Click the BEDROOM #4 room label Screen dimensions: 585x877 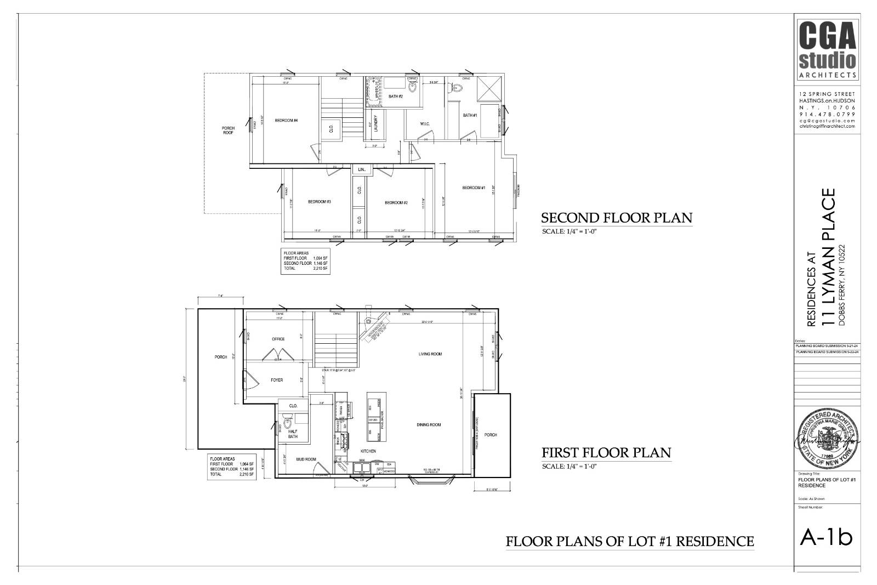[286, 121]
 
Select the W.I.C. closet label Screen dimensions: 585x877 [424, 123]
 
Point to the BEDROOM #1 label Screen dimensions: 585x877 [474, 188]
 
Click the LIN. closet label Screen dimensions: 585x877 [362, 170]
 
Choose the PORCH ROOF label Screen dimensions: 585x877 [228, 130]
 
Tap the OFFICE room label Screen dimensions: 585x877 [278, 339]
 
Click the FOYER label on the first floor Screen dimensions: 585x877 [277, 380]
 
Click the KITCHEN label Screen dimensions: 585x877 [368, 451]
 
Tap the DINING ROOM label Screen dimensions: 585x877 [429, 425]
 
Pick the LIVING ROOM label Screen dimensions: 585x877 [430, 354]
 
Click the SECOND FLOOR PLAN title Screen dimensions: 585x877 [617, 218]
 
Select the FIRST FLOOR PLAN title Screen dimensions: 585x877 [606, 453]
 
